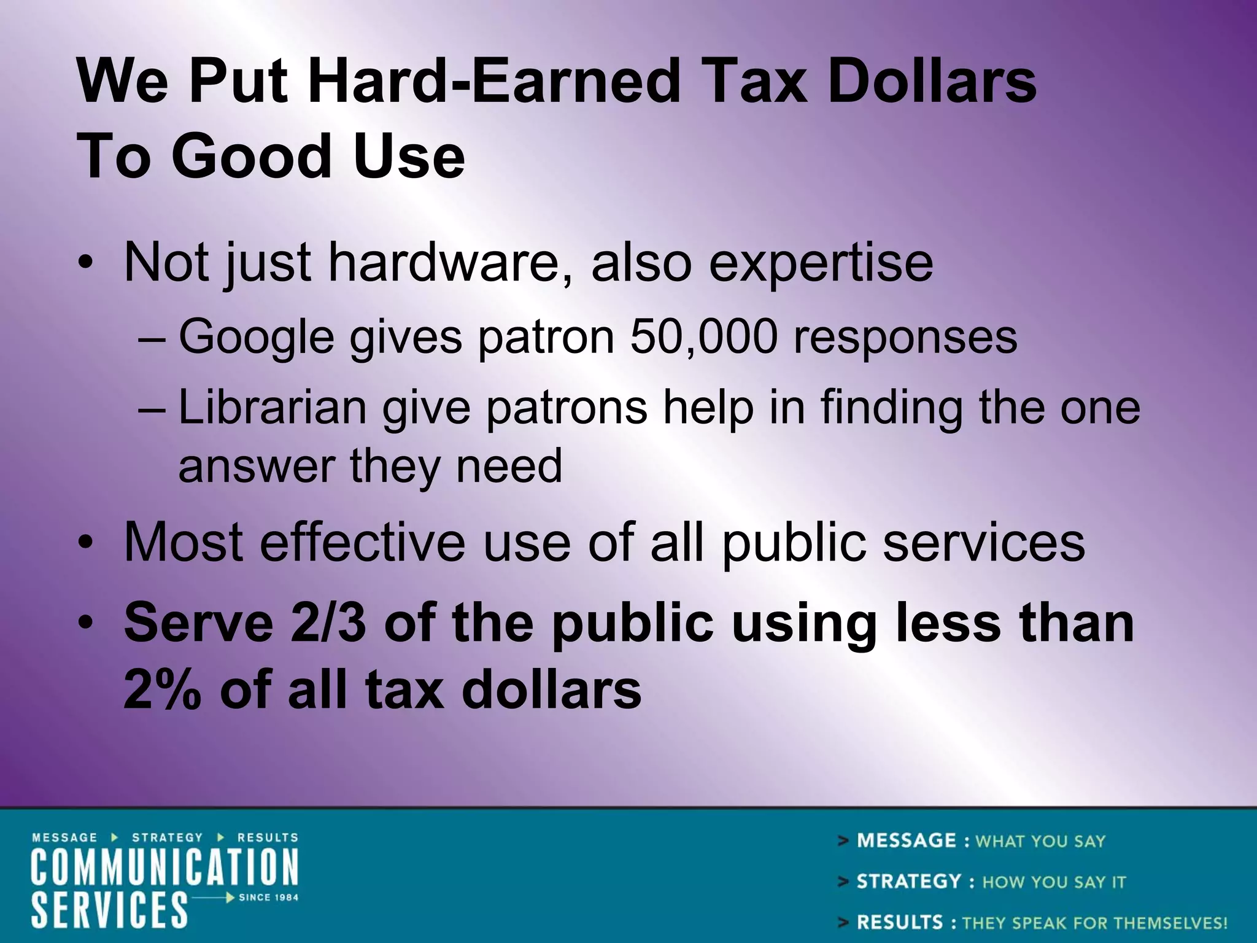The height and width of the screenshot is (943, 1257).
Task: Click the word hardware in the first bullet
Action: pos(451,262)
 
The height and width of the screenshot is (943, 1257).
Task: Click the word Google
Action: pos(256,338)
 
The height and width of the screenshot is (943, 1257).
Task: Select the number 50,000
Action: pos(703,337)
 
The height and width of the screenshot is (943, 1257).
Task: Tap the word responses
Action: pos(905,338)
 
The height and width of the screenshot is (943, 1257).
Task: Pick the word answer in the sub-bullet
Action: pos(256,466)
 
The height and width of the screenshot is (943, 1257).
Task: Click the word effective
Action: pos(362,542)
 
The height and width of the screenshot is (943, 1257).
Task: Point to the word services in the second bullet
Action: pos(983,542)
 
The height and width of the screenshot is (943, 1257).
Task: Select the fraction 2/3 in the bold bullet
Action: pos(329,623)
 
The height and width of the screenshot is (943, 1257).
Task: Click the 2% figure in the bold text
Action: pos(161,690)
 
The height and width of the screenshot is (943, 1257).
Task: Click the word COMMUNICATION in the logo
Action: pos(164,866)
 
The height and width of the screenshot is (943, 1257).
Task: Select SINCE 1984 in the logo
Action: pos(268,897)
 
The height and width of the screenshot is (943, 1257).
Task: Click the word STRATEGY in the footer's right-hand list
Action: pos(908,882)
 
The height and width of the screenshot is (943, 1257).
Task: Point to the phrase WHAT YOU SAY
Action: pos(1040,841)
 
